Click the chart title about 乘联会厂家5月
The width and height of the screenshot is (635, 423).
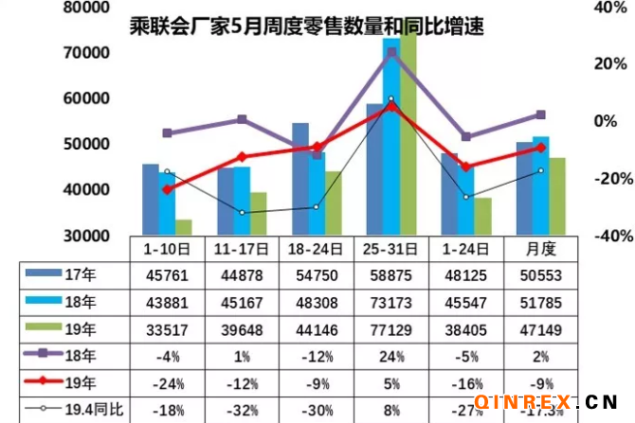(x=307, y=26)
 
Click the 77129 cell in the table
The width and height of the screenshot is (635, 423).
(x=390, y=329)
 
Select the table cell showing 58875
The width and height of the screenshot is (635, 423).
(x=390, y=276)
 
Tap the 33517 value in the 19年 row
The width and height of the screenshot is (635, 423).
(x=167, y=329)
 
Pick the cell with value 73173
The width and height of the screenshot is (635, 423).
(x=390, y=303)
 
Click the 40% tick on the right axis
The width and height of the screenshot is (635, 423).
(x=609, y=8)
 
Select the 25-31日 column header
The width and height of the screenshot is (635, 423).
(x=390, y=249)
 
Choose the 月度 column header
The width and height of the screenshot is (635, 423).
(x=540, y=249)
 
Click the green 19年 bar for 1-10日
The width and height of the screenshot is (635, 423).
(x=183, y=227)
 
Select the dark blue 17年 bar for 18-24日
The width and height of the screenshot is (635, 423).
(x=299, y=180)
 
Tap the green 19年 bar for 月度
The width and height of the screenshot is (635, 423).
(x=557, y=196)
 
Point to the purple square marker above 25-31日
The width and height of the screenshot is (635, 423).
(x=390, y=52)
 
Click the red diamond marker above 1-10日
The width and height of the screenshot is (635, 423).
(x=168, y=189)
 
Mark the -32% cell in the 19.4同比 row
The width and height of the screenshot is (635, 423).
(x=242, y=409)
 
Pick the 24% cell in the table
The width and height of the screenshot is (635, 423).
(x=390, y=356)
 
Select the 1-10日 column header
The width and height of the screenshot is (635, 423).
(x=167, y=249)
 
